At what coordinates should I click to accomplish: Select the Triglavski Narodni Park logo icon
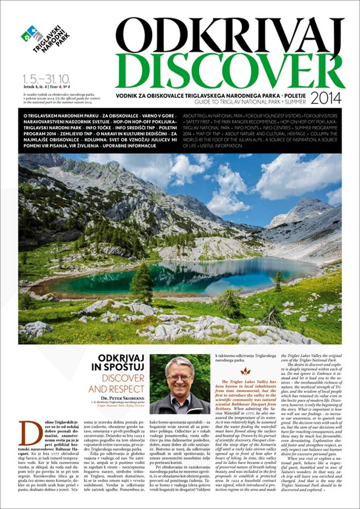tap(32, 34)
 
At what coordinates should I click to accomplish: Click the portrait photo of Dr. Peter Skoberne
tap(179, 383)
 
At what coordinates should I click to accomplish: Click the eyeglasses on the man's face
tap(180, 378)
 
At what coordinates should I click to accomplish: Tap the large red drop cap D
tap(30, 433)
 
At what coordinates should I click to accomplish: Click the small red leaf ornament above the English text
tap(245, 371)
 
